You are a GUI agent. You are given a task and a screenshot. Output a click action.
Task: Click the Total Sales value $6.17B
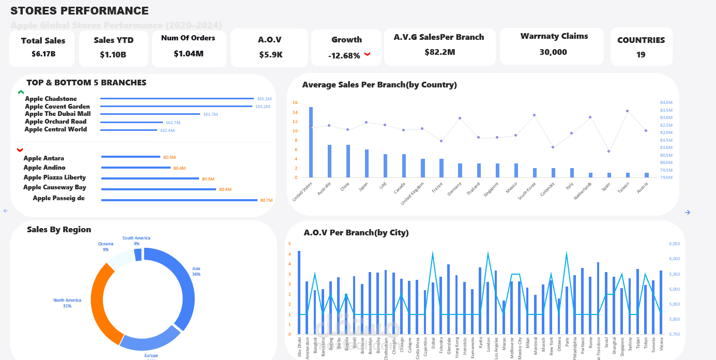pos(43,54)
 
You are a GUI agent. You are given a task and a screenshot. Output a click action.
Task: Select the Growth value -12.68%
pos(344,56)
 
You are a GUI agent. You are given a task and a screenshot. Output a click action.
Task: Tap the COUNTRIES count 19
pos(641,55)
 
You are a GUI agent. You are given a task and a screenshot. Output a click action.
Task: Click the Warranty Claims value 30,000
pos(553,52)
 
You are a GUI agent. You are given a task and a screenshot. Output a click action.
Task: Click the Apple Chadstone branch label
pos(51,99)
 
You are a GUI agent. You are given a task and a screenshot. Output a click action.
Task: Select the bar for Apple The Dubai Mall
pos(150,114)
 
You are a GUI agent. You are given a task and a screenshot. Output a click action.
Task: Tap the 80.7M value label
pos(266,200)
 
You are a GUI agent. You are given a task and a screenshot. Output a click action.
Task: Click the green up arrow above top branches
pos(21,93)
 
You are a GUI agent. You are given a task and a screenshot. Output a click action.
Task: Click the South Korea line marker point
pos(534,115)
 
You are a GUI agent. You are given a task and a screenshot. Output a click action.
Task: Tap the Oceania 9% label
pos(105,246)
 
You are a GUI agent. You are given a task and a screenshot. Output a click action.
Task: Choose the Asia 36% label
pos(196,272)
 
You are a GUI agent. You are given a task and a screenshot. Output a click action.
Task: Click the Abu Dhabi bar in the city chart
pos(299,292)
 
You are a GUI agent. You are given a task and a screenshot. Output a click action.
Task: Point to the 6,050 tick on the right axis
pos(674,244)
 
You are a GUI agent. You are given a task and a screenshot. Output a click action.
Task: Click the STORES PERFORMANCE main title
pos(80,11)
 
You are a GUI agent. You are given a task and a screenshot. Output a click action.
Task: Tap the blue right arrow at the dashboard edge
pos(688,213)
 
